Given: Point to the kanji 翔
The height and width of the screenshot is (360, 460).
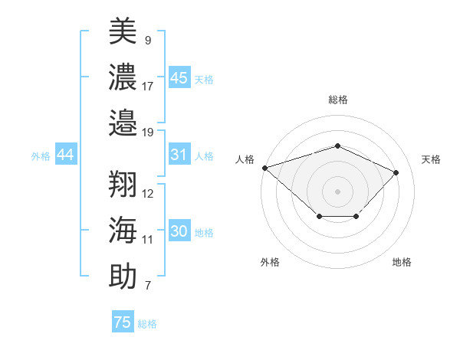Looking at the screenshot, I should tap(123, 183).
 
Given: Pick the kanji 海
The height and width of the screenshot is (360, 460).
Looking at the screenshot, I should tap(123, 229).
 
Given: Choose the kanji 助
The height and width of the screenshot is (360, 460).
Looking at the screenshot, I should tap(123, 276).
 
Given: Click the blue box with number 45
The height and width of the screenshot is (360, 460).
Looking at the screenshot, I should tap(179, 78).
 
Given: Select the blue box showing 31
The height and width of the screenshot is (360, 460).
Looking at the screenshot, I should tap(179, 155).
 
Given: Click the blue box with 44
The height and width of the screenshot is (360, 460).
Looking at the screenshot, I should tap(65, 155).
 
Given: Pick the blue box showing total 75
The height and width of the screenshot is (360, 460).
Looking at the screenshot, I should tap(123, 322).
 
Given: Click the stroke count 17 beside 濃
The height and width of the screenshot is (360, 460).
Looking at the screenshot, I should tap(148, 86).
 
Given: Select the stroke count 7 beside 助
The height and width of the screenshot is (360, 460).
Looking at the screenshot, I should tap(148, 286).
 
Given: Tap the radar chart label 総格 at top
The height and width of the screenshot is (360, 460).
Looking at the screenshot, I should tap(337, 100).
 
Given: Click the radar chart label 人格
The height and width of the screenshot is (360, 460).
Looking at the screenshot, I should tap(245, 159).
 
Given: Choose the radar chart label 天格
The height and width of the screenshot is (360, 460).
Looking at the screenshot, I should tap(431, 159).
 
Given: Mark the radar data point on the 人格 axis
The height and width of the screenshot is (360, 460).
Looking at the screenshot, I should tap(264, 168).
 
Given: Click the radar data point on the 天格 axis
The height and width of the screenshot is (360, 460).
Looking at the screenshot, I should tap(396, 172).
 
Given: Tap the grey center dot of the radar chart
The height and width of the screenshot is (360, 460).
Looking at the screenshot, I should tap(337, 191).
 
